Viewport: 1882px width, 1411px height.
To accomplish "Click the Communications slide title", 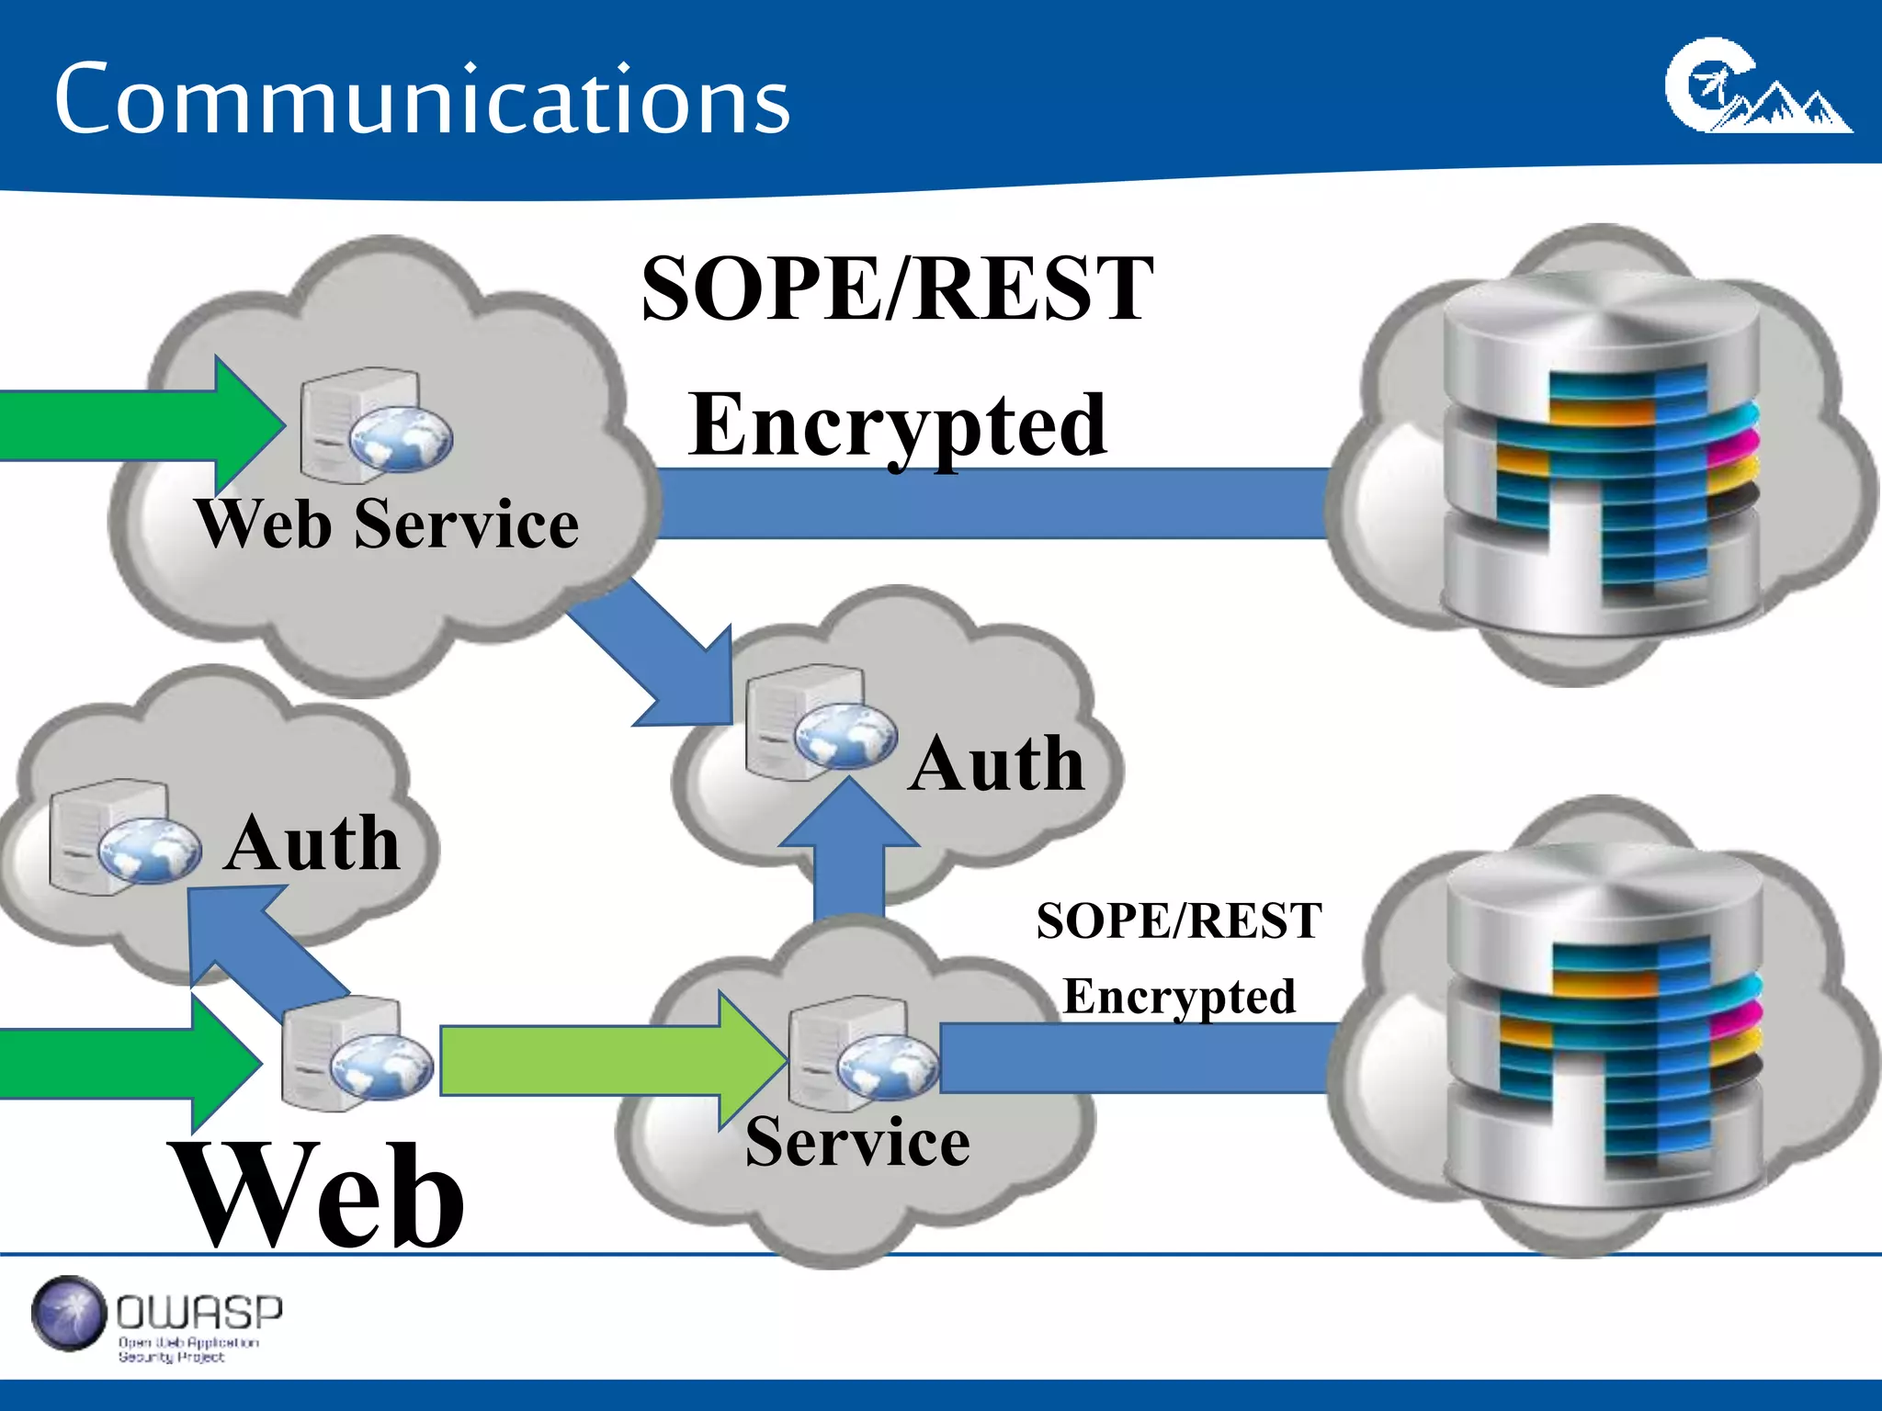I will (x=422, y=99).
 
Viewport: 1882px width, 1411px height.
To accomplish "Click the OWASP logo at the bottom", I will (x=156, y=1318).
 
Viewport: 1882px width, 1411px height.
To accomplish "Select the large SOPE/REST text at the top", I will (x=897, y=289).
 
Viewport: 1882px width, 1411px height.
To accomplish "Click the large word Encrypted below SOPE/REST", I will (x=898, y=425).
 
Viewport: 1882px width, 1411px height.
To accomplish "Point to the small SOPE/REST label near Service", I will (x=1179, y=921).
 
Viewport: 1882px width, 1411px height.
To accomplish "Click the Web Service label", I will (x=387, y=525).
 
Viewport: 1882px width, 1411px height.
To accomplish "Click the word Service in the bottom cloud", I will (x=856, y=1142).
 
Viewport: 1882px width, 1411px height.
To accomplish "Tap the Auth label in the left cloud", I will (x=312, y=843).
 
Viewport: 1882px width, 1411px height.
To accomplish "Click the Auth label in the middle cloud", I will (x=997, y=763).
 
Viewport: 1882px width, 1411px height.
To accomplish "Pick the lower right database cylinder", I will (x=1604, y=1024).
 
